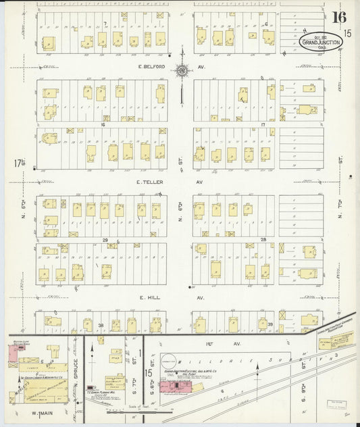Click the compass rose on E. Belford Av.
click(182, 70)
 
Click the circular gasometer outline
click(169, 361)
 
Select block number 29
click(105, 240)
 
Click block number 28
click(264, 240)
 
